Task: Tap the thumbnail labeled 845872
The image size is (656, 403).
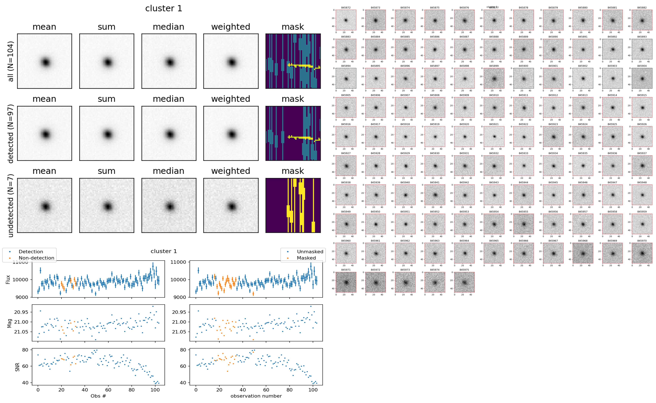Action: [346, 20]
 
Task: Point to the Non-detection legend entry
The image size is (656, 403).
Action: [36, 258]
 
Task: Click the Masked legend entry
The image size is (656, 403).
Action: [306, 258]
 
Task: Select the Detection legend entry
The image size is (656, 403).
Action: [31, 252]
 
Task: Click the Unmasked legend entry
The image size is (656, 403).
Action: [310, 252]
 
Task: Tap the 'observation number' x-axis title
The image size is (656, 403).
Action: [256, 396]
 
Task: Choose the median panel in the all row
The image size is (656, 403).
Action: [169, 61]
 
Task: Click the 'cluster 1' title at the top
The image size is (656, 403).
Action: [163, 8]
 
